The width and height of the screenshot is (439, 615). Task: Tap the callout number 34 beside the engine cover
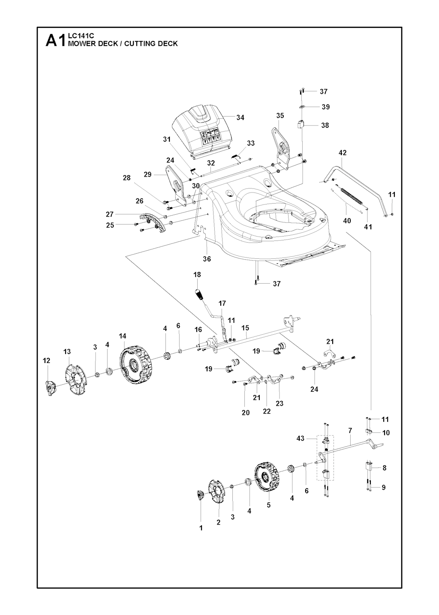[240, 117]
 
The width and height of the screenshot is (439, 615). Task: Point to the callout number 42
[343, 153]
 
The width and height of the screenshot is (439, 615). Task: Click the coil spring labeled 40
[354, 195]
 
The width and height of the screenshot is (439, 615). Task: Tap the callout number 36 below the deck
[207, 259]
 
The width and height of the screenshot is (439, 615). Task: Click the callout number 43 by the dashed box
[300, 438]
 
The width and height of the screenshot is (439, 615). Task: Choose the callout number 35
[280, 116]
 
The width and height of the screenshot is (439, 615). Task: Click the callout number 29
[147, 174]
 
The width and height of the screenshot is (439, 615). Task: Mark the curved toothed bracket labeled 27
[154, 222]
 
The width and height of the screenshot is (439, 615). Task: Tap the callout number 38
[325, 126]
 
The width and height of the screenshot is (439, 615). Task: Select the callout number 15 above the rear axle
[245, 328]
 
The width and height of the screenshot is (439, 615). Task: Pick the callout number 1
[201, 528]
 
